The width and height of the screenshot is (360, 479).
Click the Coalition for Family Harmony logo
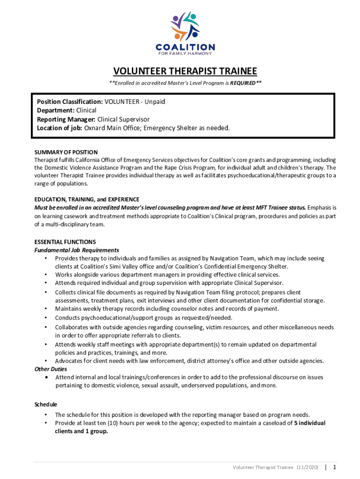(x=185, y=33)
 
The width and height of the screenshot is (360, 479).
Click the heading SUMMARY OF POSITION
(x=66, y=152)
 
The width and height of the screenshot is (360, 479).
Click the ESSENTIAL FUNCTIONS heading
(x=65, y=242)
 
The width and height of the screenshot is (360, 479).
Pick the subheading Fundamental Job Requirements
(x=77, y=250)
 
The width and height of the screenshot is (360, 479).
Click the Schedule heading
(x=46, y=404)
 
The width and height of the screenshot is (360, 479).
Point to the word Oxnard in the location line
(x=96, y=128)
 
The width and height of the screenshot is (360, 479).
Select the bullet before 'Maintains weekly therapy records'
(x=46, y=309)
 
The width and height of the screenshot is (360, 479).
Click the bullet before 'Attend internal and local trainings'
(x=46, y=377)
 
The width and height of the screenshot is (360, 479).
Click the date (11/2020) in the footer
(x=307, y=467)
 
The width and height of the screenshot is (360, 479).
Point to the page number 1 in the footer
(x=335, y=467)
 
